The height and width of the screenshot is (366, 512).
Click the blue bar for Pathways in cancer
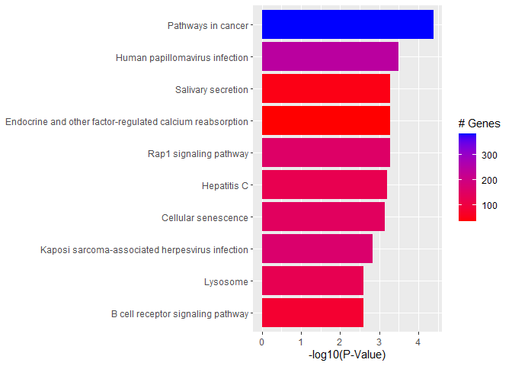tap(347, 24)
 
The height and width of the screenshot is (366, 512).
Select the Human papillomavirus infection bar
tap(330, 56)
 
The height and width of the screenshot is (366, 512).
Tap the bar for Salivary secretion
tap(326, 88)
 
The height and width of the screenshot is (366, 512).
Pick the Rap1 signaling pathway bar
tap(326, 152)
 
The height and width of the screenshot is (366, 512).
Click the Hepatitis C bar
tap(325, 185)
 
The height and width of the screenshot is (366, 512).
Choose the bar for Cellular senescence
tap(323, 217)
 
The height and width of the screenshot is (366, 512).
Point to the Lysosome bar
tap(312, 281)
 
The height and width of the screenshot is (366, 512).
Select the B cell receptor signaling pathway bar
tap(312, 313)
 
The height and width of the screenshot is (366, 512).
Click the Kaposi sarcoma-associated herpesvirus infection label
tap(144, 249)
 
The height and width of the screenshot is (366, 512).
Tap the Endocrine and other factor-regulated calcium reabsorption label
tap(126, 121)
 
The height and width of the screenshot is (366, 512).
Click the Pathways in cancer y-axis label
tap(208, 26)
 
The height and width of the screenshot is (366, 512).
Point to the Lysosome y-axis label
tap(226, 282)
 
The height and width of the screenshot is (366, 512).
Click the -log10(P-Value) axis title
tap(347, 355)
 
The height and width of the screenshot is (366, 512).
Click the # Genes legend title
tap(478, 124)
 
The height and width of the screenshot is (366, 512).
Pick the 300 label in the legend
tap(490, 155)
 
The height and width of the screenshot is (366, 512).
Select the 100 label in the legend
tap(490, 205)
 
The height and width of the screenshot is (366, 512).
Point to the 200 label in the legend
tap(490, 180)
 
